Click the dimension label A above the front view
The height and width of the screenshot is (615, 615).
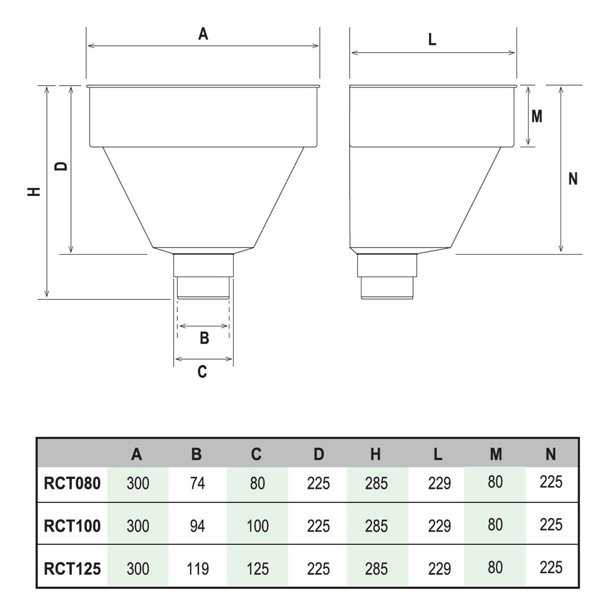(203, 34)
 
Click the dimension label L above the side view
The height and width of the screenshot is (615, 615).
(432, 40)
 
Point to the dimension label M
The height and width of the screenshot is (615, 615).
(536, 116)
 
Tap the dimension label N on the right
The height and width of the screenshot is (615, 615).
(573, 179)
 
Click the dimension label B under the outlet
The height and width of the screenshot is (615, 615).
(204, 338)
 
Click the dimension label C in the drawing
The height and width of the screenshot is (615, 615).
(202, 372)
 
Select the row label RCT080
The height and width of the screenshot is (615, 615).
(72, 483)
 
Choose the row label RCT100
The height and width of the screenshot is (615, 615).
(72, 526)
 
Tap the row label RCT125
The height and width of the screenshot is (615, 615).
(72, 569)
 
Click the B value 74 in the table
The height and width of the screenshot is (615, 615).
(197, 483)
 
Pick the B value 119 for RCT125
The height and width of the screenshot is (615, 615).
(197, 569)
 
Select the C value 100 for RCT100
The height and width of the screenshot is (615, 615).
(257, 526)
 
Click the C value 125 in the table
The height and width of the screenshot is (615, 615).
(257, 569)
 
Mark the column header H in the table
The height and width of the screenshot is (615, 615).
(376, 455)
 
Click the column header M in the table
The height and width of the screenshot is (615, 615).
(495, 455)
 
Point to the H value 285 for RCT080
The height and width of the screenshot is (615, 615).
(377, 483)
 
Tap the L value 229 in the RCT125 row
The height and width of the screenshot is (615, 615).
(439, 569)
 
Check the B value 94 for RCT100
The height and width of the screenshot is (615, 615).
(197, 526)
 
